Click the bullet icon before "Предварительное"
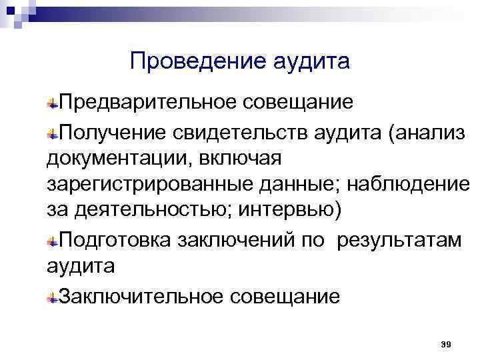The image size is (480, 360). tap(51, 104)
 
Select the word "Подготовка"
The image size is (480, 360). tap(116, 240)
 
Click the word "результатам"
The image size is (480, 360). tap(399, 240)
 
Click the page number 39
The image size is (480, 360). tap(447, 344)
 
